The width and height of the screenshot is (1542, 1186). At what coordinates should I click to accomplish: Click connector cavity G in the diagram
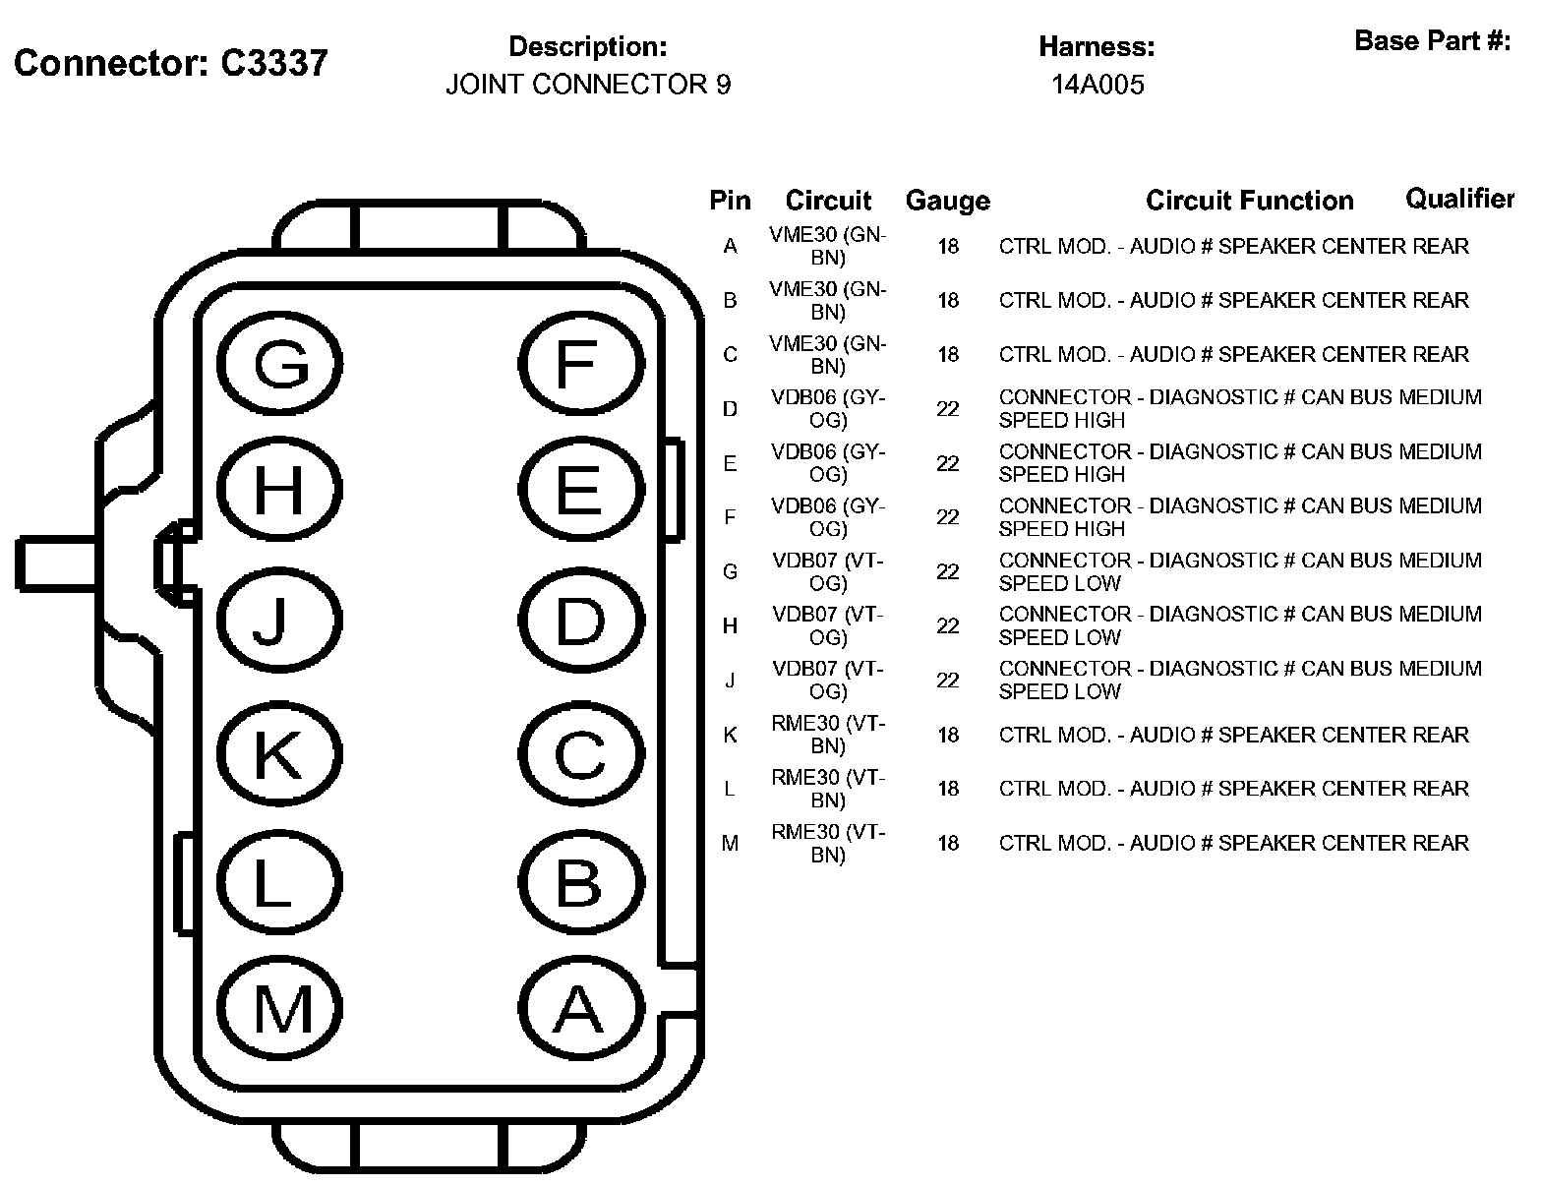click(x=280, y=364)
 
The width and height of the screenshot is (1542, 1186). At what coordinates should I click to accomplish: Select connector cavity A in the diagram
click(x=579, y=1008)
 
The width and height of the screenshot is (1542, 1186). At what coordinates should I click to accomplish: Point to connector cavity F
click(x=579, y=364)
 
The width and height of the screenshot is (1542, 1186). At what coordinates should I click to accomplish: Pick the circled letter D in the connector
click(x=579, y=622)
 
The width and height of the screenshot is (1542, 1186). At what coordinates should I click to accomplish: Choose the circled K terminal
click(x=280, y=753)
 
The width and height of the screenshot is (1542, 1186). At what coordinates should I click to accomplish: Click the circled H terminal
click(x=280, y=489)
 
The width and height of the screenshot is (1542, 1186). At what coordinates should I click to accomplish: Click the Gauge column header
click(x=947, y=201)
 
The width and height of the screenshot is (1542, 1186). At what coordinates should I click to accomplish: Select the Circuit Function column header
click(x=1249, y=201)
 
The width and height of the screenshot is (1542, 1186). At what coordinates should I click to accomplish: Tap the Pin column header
click(x=730, y=201)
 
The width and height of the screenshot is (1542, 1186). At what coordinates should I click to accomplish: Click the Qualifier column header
click(x=1459, y=199)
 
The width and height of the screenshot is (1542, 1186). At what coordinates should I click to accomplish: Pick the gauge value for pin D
click(x=947, y=409)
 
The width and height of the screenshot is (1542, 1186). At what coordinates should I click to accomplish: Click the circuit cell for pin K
click(x=828, y=735)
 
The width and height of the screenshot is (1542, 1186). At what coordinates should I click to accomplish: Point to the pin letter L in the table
click(x=730, y=790)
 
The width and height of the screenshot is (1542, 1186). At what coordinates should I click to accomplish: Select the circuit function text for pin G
click(x=1239, y=571)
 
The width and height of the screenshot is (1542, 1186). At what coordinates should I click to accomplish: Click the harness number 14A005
click(x=1097, y=85)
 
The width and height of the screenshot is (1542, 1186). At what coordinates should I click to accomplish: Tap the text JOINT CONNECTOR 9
click(x=588, y=85)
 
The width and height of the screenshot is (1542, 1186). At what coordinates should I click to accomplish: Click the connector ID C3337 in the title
click(x=273, y=63)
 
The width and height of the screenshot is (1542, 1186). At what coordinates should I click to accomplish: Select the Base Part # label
click(x=1432, y=41)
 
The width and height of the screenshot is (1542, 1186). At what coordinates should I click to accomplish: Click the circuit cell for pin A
click(x=828, y=246)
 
